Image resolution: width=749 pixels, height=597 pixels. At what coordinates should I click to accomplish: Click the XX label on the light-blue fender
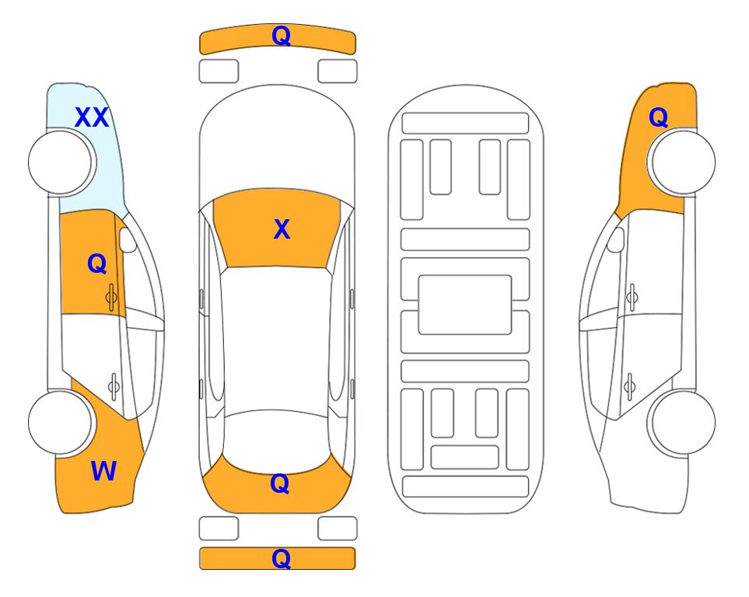[x=92, y=117]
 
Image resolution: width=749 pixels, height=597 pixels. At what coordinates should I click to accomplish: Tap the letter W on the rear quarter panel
[x=103, y=471]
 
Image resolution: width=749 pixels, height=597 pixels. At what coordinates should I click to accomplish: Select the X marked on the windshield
[x=282, y=229]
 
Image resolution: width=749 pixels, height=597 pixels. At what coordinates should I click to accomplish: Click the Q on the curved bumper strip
[x=281, y=35]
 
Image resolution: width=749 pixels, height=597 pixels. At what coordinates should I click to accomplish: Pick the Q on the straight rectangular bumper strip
[x=281, y=558]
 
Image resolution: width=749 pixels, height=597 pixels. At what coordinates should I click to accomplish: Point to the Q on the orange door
[x=97, y=264]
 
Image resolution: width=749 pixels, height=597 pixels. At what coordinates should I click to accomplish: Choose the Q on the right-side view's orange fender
[x=658, y=117]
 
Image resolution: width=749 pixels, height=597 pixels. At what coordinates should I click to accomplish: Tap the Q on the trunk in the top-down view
[x=280, y=484]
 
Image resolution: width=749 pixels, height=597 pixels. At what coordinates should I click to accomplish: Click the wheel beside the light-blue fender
[x=62, y=162]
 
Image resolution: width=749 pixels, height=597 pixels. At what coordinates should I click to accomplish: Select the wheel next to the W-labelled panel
[x=61, y=423]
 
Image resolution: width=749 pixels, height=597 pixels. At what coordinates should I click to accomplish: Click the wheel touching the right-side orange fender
[x=681, y=162]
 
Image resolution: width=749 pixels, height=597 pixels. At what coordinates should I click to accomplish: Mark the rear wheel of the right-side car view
[x=681, y=422]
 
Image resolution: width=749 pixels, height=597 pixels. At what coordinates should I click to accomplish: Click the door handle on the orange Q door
[x=111, y=298]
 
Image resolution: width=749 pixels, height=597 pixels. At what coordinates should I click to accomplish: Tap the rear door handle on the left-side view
[x=114, y=386]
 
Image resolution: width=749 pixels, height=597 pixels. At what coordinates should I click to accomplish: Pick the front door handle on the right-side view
[x=632, y=297]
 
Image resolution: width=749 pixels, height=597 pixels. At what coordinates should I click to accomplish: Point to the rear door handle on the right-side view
[x=629, y=386]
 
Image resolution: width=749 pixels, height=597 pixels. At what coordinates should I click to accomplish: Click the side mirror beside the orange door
[x=127, y=239]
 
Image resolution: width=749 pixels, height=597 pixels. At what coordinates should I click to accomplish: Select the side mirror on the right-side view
[x=616, y=239]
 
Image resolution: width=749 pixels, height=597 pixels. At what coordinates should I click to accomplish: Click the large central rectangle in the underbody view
[x=465, y=305]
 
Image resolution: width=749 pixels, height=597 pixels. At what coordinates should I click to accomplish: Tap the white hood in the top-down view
[x=277, y=138]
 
